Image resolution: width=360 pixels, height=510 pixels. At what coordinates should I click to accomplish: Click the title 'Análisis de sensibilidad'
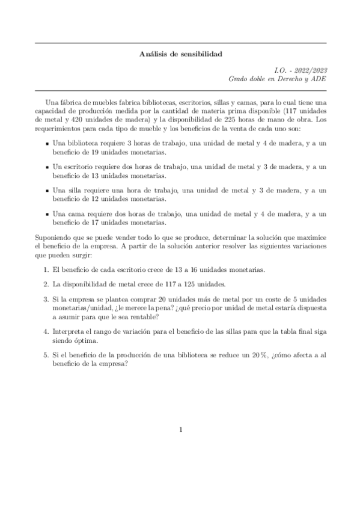pos(180,54)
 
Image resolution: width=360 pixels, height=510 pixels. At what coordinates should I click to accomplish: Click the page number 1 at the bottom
pos(180,429)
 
